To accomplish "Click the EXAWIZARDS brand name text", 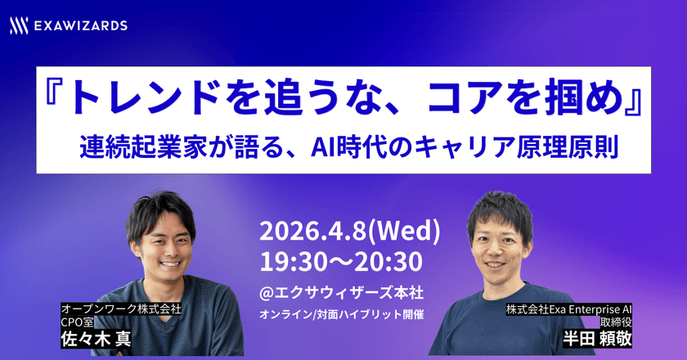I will [80, 26].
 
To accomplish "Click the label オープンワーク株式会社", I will [121, 309].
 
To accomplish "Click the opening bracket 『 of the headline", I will [56, 101].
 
